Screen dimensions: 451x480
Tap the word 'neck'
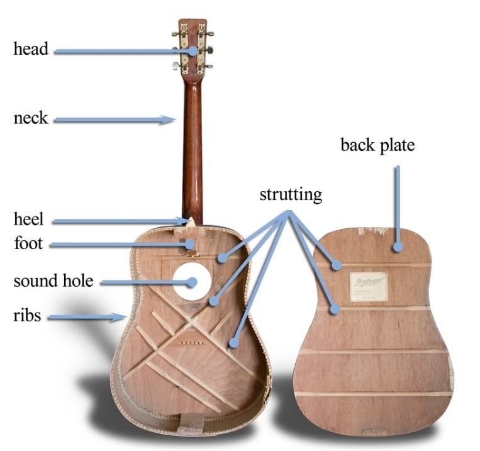click(x=31, y=118)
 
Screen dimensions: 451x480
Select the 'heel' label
click(x=29, y=220)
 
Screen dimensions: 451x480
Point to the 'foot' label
click(x=28, y=243)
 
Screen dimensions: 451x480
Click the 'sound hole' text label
click(x=53, y=281)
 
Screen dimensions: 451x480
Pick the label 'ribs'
click(x=28, y=315)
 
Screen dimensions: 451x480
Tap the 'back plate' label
click(x=377, y=145)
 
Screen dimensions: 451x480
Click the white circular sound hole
click(x=189, y=281)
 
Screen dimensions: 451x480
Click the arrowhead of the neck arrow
click(x=169, y=118)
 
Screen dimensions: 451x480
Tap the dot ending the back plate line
click(x=397, y=248)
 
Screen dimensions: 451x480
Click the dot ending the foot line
click(x=188, y=244)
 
